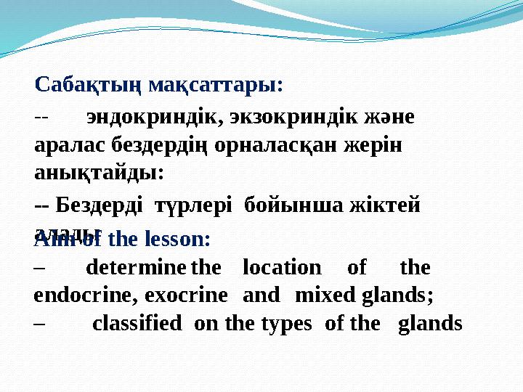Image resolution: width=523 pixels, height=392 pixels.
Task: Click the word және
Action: pyautogui.click(x=389, y=117)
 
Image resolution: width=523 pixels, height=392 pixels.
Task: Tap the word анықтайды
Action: pyautogui.click(x=99, y=173)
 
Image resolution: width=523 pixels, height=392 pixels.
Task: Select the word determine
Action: pyautogui.click(x=136, y=268)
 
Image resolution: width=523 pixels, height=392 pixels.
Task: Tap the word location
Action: pyautogui.click(x=281, y=268)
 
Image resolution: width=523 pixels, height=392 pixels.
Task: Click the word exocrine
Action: pyautogui.click(x=186, y=295)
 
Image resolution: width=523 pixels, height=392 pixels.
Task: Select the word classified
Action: pyautogui.click(x=137, y=323)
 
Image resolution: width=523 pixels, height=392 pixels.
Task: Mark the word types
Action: pyautogui.click(x=294, y=323)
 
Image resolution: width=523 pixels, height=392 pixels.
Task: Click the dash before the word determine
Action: pyautogui.click(x=39, y=268)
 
